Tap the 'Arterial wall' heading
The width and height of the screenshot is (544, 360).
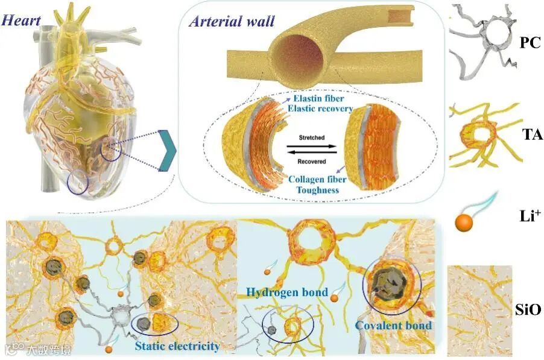pos(232,22)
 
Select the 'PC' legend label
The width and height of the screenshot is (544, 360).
pos(528,43)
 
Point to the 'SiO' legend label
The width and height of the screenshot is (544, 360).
pos(529,310)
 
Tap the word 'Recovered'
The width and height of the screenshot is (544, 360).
pos(311,161)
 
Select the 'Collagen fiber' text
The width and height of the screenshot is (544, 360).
pos(316,179)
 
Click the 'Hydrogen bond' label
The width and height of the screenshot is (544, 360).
pos(287,292)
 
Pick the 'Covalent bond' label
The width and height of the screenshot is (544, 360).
pos(393,326)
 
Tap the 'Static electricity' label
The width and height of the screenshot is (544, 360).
pos(177,346)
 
